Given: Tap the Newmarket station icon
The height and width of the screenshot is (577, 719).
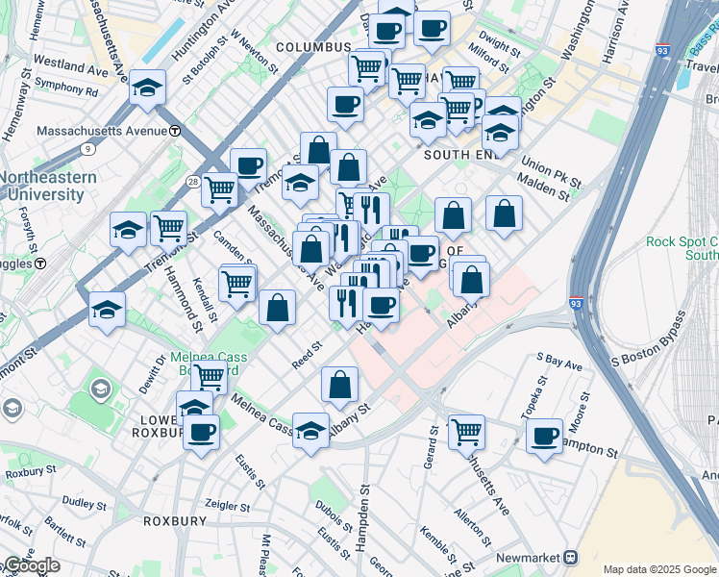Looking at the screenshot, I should tap(570, 557).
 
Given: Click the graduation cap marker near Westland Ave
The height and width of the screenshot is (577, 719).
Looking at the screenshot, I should tap(148, 88).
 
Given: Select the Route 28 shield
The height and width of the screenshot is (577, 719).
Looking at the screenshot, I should tap(193, 181).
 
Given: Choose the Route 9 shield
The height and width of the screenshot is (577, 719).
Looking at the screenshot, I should tap(88, 148).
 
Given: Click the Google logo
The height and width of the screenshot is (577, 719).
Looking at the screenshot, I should tap(31, 565).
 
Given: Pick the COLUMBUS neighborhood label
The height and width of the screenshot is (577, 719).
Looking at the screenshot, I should tap(313, 47).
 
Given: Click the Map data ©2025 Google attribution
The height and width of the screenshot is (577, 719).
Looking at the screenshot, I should tap(660, 568).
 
